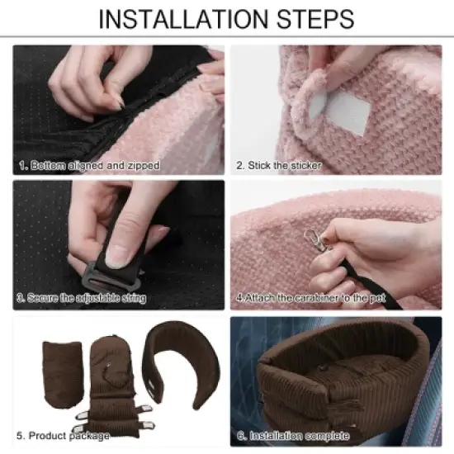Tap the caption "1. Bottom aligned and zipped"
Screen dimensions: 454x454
(89, 166)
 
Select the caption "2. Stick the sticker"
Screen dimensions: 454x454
(279, 166)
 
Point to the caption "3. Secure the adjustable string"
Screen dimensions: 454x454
(82, 298)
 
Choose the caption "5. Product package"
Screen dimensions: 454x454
(63, 435)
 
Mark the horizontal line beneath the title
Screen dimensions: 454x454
(227, 36)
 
